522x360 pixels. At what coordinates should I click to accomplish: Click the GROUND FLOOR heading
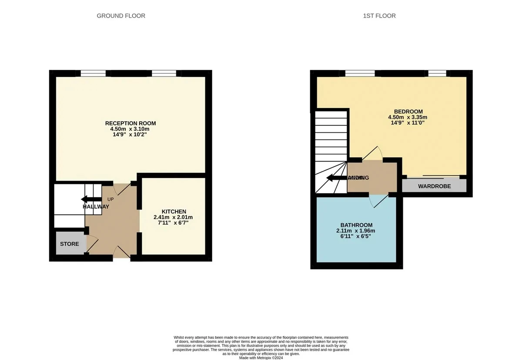point(121,16)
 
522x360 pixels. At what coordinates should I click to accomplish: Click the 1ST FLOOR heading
point(379,16)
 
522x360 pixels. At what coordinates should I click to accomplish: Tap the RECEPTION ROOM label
point(130,123)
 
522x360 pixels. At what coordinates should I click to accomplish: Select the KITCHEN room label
point(174,212)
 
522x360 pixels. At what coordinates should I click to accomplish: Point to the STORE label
point(70,244)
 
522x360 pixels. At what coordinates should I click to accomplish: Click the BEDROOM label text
point(408,111)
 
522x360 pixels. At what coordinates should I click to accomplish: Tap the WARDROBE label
point(434,186)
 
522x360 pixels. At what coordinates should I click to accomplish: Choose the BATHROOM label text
point(356,225)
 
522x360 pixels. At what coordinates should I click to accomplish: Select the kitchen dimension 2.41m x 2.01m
point(173,217)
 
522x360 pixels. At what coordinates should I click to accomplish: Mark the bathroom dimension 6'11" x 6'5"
point(355,236)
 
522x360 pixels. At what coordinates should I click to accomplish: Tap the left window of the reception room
point(93,73)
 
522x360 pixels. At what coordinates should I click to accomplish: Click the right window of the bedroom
point(437,73)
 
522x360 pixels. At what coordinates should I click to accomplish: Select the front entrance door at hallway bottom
point(121,252)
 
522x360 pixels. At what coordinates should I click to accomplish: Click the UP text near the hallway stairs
point(110,199)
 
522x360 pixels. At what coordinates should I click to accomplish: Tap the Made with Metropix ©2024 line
point(261,357)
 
